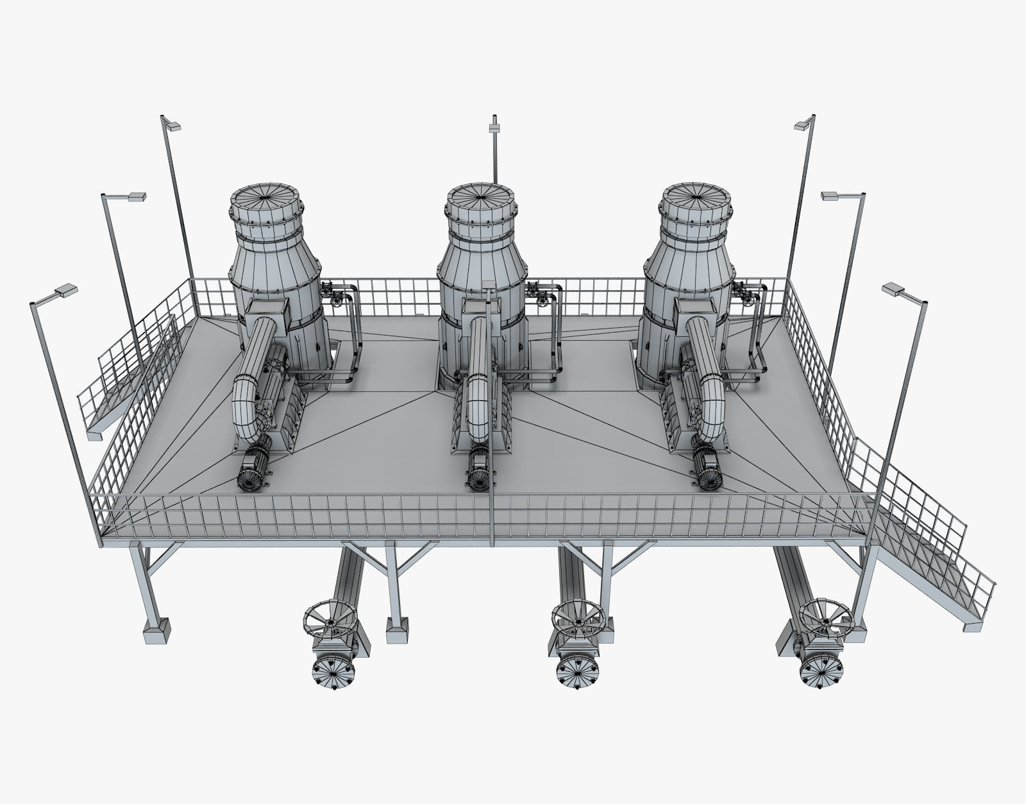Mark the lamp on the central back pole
(494, 128)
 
